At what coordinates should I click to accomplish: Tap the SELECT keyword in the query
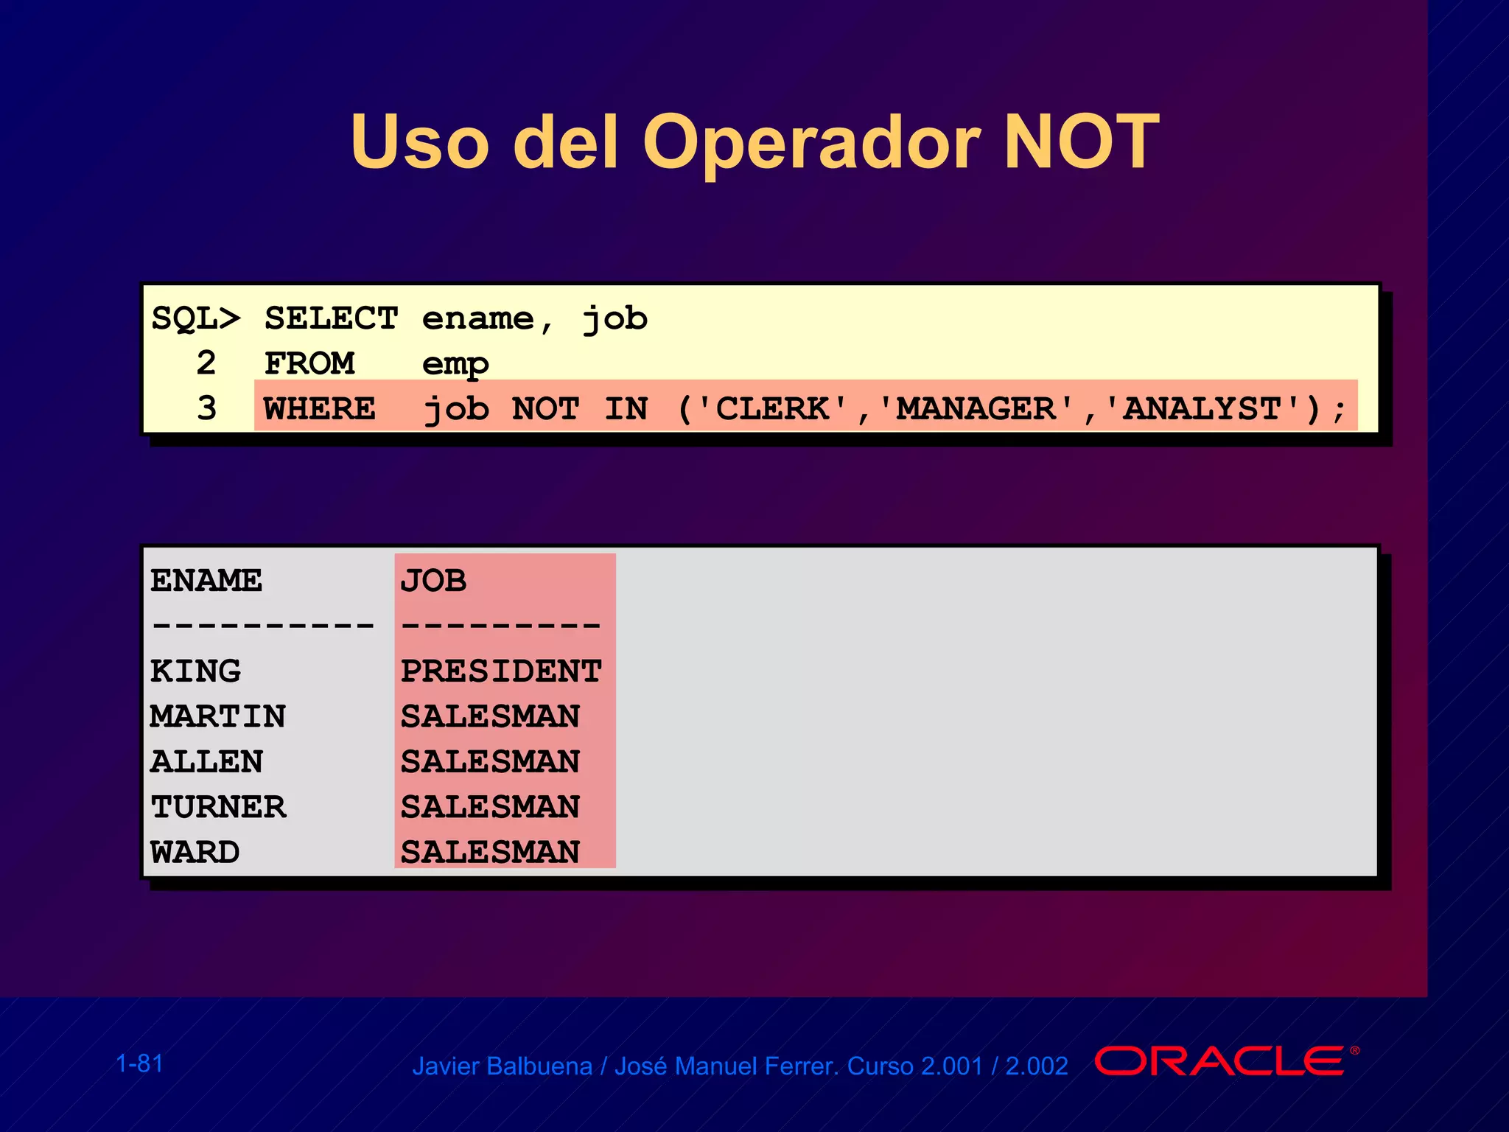coord(331,318)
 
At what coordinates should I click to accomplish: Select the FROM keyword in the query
coord(309,363)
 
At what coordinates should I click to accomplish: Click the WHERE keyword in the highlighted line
coord(320,408)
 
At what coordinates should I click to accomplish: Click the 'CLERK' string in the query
coord(773,408)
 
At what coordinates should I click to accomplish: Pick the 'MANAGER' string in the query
coord(976,408)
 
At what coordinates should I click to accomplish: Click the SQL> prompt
coord(196,318)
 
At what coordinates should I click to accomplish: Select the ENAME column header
coord(206,581)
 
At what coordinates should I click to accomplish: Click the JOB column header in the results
coord(433,581)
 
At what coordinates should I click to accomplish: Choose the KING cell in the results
coord(195,671)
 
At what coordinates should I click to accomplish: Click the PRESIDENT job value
coord(501,671)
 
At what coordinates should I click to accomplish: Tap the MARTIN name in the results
coord(218,716)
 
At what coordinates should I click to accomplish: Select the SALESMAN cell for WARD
coord(490,852)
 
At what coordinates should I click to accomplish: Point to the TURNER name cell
coord(218,807)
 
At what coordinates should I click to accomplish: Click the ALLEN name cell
coord(206,762)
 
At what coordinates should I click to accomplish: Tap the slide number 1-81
coord(139,1063)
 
